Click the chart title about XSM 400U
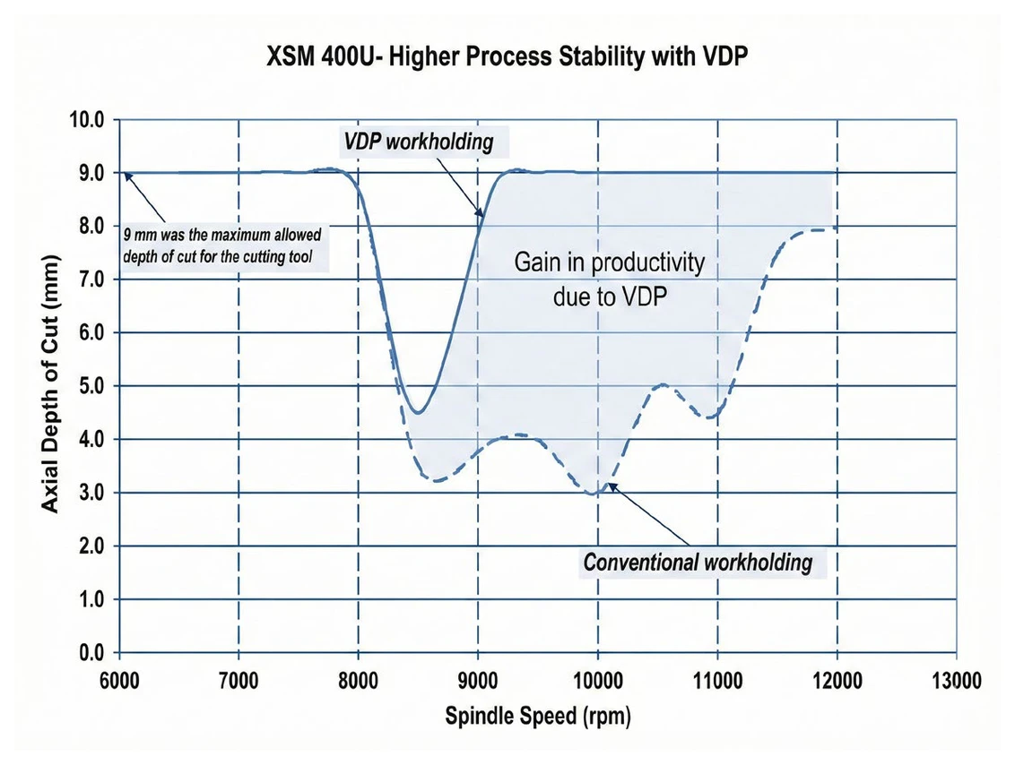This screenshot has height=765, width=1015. (507, 56)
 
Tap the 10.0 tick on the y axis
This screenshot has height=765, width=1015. (87, 120)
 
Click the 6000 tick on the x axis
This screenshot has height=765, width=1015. (120, 681)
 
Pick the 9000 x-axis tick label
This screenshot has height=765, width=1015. (479, 681)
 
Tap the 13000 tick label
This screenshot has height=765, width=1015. (956, 681)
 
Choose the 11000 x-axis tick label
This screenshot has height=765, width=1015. (717, 681)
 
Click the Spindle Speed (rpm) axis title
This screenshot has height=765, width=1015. (537, 717)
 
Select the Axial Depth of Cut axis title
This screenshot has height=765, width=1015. (50, 385)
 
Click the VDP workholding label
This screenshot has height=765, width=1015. (418, 142)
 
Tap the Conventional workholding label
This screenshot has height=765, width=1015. (698, 562)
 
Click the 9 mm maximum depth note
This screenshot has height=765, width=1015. (222, 245)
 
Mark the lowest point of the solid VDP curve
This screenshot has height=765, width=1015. (419, 413)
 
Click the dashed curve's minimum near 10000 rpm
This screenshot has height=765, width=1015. (593, 494)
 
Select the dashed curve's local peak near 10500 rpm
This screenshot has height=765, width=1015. (664, 385)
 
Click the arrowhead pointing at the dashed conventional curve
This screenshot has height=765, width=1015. (611, 486)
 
